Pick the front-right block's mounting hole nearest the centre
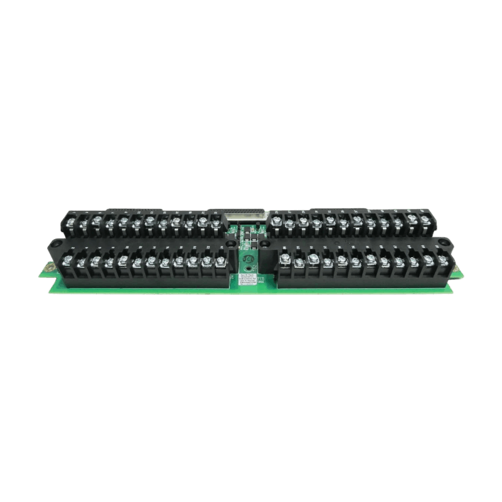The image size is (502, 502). (275, 247)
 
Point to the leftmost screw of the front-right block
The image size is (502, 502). (284, 260)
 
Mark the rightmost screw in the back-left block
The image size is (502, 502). (216, 222)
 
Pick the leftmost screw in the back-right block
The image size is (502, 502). (275, 221)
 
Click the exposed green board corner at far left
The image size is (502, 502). (46, 269)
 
